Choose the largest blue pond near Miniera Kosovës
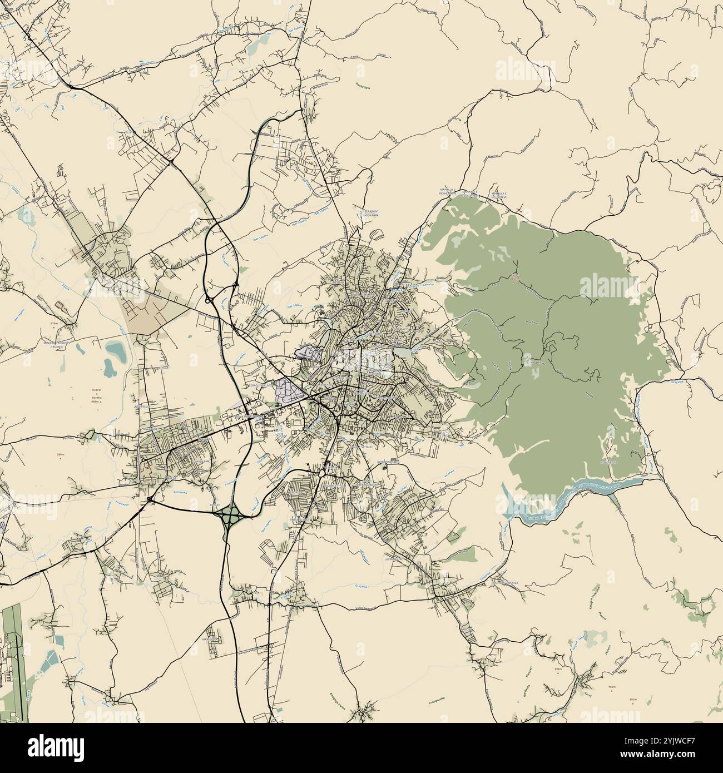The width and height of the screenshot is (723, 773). tap(116, 350)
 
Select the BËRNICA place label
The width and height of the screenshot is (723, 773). tap(508, 582)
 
